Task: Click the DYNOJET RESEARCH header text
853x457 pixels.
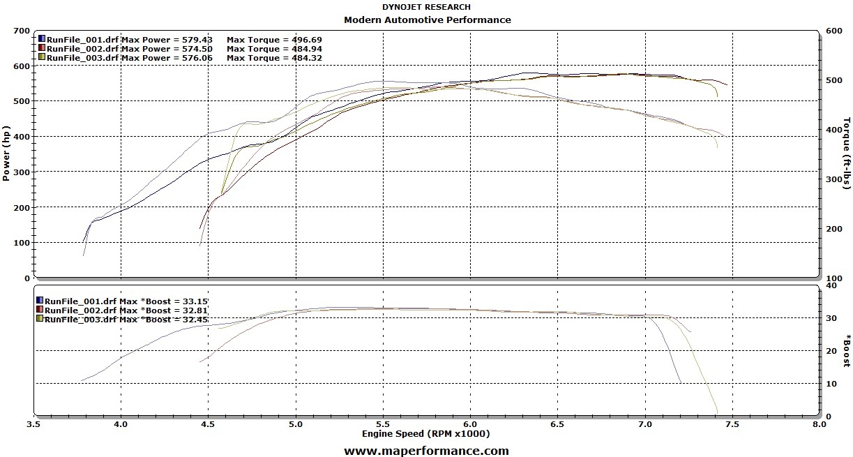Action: coord(426,8)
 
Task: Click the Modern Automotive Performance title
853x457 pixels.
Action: coord(427,20)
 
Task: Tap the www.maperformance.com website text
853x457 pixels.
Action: coord(426,451)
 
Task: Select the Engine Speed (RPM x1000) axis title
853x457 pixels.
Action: coord(425,434)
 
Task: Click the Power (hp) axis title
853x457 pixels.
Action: coord(6,153)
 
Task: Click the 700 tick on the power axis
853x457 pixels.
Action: coord(21,31)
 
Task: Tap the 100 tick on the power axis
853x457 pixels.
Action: coord(21,243)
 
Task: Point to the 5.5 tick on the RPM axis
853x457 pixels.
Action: coord(383,424)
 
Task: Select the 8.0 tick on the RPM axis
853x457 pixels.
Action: coord(820,424)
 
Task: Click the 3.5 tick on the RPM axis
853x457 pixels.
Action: coord(33,424)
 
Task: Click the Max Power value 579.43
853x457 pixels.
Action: coord(198,40)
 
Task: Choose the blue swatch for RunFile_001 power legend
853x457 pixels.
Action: coord(42,39)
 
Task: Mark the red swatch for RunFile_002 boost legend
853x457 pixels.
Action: coord(40,309)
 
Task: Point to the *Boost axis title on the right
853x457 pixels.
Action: coord(847,350)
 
